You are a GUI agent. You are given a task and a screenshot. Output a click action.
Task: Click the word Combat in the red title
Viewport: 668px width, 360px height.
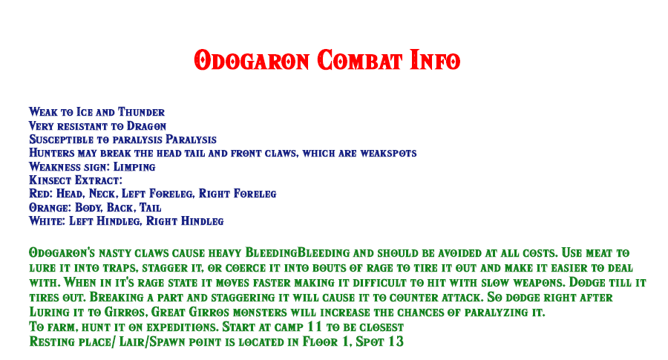[359, 60]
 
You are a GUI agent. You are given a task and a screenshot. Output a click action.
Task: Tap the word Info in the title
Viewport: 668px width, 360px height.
[435, 60]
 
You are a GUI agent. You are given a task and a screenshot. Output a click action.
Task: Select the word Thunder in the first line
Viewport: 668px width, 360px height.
[141, 112]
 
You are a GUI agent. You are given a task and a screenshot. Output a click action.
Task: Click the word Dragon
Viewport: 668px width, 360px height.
[146, 126]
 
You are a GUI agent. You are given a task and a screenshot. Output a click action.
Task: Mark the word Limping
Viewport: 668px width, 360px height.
[134, 167]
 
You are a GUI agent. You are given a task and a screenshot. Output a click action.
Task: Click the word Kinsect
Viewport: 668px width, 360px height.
[50, 180]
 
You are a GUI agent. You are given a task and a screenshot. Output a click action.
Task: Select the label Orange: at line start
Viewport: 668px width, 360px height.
[50, 208]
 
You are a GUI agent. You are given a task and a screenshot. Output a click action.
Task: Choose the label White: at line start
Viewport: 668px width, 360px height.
[47, 221]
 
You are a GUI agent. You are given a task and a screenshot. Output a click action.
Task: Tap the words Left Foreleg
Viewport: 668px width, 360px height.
[158, 194]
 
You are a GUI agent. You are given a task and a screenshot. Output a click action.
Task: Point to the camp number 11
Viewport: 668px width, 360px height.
[315, 327]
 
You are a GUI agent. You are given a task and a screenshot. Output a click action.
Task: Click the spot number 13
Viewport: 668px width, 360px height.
[396, 341]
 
